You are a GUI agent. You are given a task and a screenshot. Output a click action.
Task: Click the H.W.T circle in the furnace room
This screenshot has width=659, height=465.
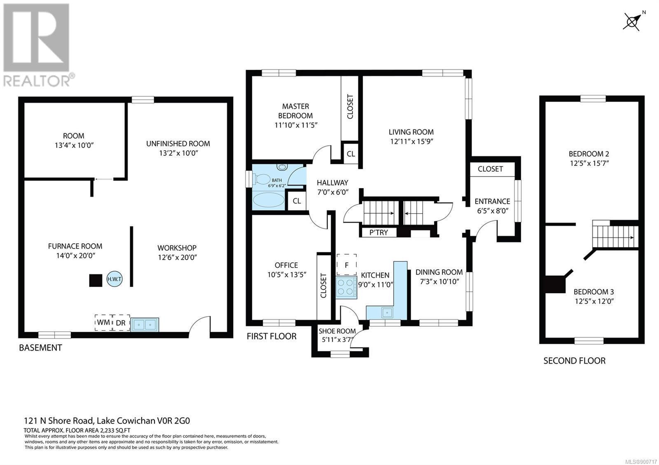pyautogui.click(x=114, y=279)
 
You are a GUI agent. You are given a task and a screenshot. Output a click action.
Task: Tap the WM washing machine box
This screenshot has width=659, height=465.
pyautogui.click(x=103, y=323)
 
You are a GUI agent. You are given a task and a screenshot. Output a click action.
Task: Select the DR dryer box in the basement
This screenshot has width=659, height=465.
pyautogui.click(x=121, y=323)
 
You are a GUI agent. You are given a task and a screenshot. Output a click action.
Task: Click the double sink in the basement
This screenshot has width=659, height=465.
pyautogui.click(x=145, y=325)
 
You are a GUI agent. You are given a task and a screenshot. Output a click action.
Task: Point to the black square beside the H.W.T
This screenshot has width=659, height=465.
pyautogui.click(x=96, y=280)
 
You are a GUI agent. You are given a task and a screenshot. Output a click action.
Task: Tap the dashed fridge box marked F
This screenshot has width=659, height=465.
pyautogui.click(x=346, y=265)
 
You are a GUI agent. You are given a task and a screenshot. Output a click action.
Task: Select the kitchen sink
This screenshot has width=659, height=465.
pyautogui.click(x=387, y=312)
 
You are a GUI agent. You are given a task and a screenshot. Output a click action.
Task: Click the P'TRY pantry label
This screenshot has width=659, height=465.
pyautogui.click(x=379, y=232)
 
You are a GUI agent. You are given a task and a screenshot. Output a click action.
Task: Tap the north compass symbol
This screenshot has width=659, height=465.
pyautogui.click(x=632, y=22)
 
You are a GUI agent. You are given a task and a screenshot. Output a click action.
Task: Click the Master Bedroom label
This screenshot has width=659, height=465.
pyautogui.click(x=296, y=111)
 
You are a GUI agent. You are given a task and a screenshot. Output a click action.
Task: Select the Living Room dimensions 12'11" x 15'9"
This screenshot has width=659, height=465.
pyautogui.click(x=411, y=142)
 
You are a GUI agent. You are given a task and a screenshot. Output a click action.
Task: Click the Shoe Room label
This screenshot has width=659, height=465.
pyautogui.click(x=337, y=331)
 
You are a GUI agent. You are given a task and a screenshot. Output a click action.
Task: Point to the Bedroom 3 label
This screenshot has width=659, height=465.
pyautogui.click(x=594, y=292)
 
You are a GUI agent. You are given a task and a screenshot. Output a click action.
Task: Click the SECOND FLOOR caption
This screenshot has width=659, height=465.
pyautogui.click(x=574, y=360)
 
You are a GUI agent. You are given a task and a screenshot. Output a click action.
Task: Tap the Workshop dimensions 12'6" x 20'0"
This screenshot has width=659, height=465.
pyautogui.click(x=178, y=257)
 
